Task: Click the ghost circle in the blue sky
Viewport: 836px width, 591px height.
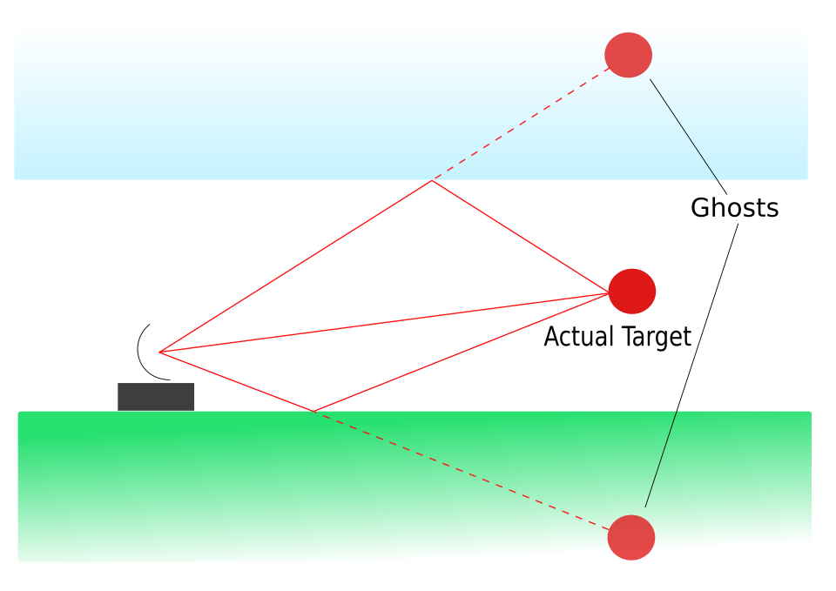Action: pyautogui.click(x=628, y=55)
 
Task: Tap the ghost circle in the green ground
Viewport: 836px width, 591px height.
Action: pyautogui.click(x=631, y=537)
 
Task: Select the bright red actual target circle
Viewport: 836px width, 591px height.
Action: pyautogui.click(x=632, y=292)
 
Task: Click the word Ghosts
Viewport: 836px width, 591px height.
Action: pyautogui.click(x=734, y=207)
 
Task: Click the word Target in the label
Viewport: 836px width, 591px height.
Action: pyautogui.click(x=657, y=337)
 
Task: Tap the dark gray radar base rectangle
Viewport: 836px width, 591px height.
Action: pyautogui.click(x=156, y=397)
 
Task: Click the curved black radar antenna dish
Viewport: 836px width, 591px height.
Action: pyautogui.click(x=138, y=352)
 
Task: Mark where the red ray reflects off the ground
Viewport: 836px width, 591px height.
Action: pyautogui.click(x=314, y=412)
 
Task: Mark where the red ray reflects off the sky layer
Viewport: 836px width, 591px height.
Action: pyautogui.click(x=432, y=181)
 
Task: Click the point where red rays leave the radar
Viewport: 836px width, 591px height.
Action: pyautogui.click(x=159, y=353)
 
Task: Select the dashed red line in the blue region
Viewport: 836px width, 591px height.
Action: pyautogui.click(x=521, y=124)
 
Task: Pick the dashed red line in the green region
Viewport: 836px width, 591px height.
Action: pyautogui.click(x=462, y=471)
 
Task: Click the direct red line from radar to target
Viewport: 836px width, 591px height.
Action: pyautogui.click(x=384, y=323)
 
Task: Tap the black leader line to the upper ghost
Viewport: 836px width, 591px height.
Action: pyautogui.click(x=688, y=137)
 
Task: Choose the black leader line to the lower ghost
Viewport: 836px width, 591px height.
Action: pyautogui.click(x=691, y=366)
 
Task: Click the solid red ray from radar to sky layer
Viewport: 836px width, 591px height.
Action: pyautogui.click(x=296, y=266)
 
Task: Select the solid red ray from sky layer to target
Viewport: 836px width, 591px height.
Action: pyautogui.click(x=521, y=237)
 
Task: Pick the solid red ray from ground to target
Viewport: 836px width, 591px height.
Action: pyautogui.click(x=462, y=353)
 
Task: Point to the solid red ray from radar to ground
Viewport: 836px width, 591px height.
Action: pyautogui.click(x=237, y=381)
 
